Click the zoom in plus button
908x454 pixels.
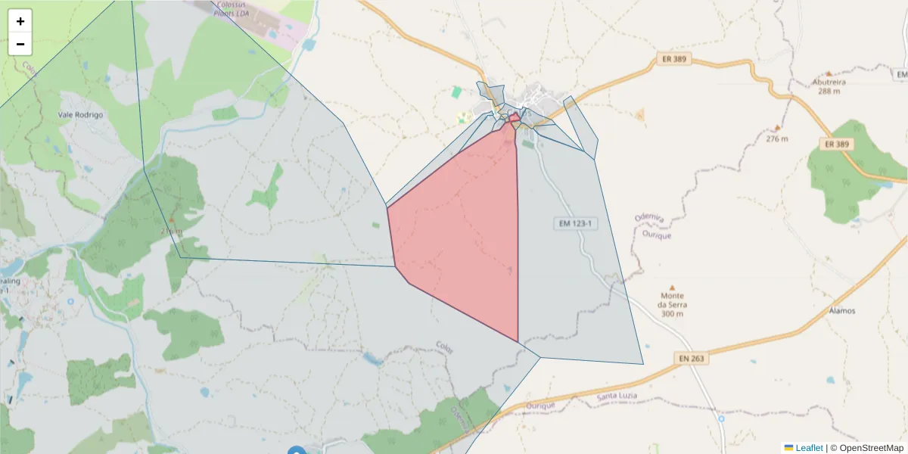pos(20,21)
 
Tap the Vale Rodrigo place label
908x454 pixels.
pos(80,115)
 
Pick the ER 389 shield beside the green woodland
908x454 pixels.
pos(838,144)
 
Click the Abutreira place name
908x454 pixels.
pos(829,82)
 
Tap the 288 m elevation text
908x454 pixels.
pos(829,92)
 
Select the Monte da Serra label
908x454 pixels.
pos(672,300)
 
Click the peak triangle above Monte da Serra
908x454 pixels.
pos(672,288)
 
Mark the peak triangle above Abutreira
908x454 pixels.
pos(829,73)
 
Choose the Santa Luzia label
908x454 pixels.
pos(617,396)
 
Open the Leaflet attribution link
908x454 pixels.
pos(809,448)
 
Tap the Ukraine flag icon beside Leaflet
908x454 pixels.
pos(788,448)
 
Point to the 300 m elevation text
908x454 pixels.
pos(672,314)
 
